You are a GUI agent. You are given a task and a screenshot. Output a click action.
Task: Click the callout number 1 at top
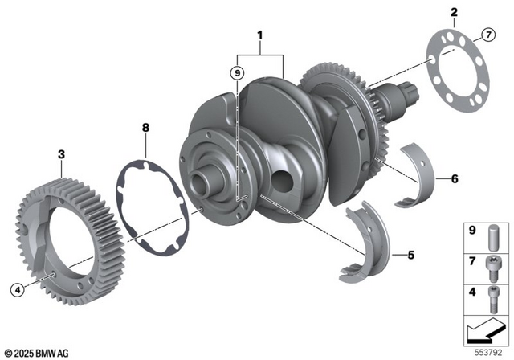tap(259, 35)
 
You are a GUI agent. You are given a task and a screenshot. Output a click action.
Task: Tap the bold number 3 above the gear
tap(62, 153)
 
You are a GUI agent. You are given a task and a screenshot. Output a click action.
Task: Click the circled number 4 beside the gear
tap(15, 288)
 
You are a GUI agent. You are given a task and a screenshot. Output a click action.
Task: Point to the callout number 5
tap(410, 256)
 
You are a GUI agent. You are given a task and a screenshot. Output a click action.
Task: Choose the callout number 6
tap(455, 178)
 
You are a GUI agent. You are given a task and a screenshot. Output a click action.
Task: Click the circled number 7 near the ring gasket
tap(487, 34)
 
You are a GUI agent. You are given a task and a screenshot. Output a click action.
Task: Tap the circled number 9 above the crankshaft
tap(236, 73)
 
